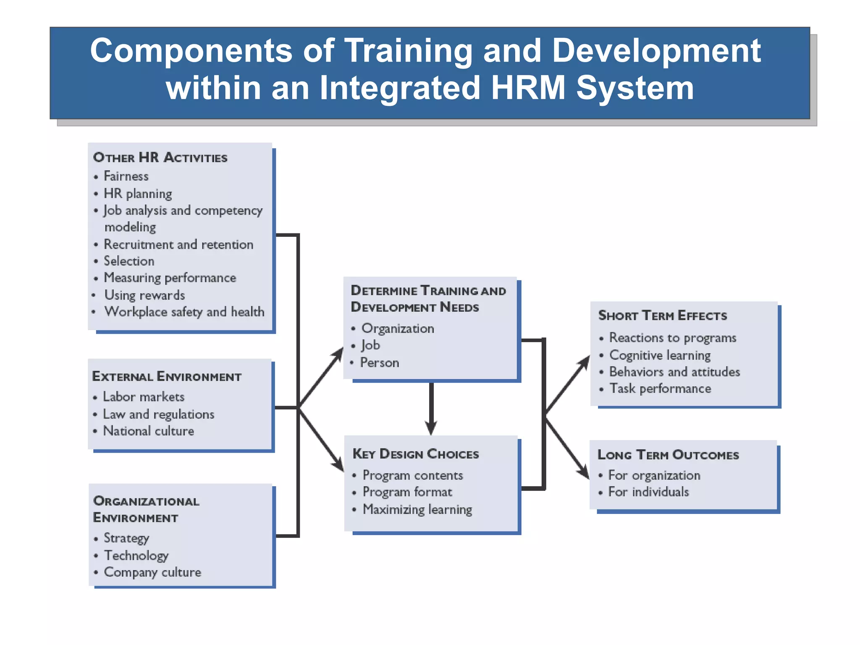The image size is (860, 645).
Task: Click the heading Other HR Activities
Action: [160, 157]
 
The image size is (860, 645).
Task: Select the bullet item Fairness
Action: [126, 176]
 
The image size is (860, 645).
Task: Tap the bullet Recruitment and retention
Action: [178, 244]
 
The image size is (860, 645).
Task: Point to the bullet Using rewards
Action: [144, 295]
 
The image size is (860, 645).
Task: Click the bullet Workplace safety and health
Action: [184, 312]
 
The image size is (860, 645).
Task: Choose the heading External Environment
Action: [167, 377]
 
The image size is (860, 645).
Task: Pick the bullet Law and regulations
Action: [159, 414]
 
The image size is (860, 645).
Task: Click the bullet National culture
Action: [149, 431]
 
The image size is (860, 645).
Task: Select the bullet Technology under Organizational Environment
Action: [136, 556]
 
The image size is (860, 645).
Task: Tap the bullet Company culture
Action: [152, 572]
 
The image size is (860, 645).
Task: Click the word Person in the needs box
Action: [380, 363]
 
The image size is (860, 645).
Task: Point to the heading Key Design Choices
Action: [416, 454]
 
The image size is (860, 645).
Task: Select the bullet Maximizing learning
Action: [417, 509]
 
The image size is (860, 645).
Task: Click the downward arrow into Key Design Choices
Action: [431, 426]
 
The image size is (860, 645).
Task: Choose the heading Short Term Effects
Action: [662, 316]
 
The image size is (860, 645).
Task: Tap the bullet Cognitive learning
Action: [660, 355]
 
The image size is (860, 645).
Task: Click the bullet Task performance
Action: [660, 389]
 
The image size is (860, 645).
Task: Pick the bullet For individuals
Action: [648, 492]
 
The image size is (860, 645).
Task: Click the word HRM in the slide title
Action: [527, 88]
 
